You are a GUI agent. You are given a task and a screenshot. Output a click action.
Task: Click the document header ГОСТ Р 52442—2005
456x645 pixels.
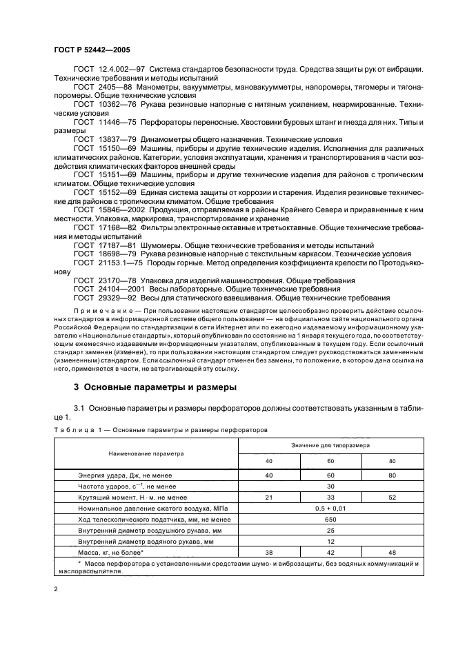92,51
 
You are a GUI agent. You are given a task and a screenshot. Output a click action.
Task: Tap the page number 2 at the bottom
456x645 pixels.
56,588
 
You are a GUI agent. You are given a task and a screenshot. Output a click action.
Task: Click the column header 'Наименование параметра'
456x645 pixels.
146,454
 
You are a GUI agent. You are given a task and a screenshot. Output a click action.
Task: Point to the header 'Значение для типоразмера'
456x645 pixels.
330,447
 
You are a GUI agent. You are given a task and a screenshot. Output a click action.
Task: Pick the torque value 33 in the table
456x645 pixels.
330,497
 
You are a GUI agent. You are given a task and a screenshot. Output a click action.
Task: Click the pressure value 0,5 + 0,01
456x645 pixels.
330,508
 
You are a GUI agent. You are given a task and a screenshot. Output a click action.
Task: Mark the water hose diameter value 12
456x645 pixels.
330,541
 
